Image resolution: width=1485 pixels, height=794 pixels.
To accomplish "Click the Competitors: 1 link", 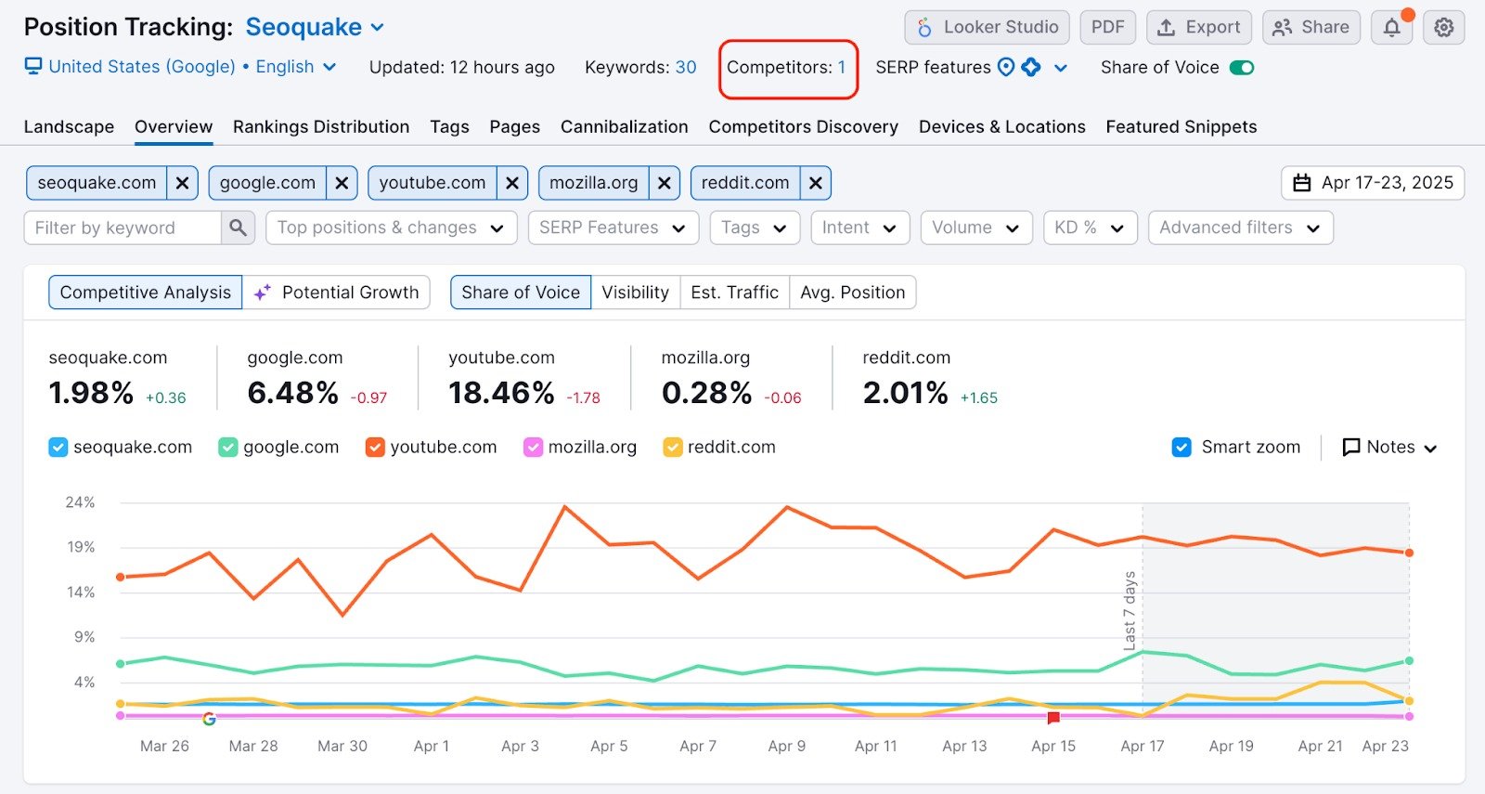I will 786,68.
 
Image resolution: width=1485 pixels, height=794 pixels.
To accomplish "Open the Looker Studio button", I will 987,28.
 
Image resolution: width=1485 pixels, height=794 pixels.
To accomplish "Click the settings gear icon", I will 1443,28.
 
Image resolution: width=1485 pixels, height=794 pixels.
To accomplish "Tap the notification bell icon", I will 1391,28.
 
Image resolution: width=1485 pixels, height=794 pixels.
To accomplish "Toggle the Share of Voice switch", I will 1241,68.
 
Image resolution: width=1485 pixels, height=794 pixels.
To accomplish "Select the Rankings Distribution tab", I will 320,127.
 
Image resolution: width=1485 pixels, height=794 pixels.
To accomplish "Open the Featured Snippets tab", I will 1181,127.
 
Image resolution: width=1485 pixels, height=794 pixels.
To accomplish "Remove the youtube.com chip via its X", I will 511,184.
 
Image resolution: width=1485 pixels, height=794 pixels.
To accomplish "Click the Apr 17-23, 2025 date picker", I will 1373,183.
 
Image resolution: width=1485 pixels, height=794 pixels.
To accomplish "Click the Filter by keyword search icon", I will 238,228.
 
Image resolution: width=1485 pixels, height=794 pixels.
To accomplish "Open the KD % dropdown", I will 1090,228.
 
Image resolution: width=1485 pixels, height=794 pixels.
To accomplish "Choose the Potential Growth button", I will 337,293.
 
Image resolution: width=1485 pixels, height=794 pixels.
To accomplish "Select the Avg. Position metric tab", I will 852,293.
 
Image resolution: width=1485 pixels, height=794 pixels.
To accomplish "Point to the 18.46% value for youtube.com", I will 501,393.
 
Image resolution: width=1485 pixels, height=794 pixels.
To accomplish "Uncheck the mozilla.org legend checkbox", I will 533,448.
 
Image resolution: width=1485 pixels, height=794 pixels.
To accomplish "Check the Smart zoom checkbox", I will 1182,448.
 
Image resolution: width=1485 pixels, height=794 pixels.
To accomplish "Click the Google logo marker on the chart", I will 209,719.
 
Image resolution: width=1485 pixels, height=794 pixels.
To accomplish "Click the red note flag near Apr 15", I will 1053,718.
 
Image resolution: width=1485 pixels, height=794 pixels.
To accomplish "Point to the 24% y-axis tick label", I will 80,502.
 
